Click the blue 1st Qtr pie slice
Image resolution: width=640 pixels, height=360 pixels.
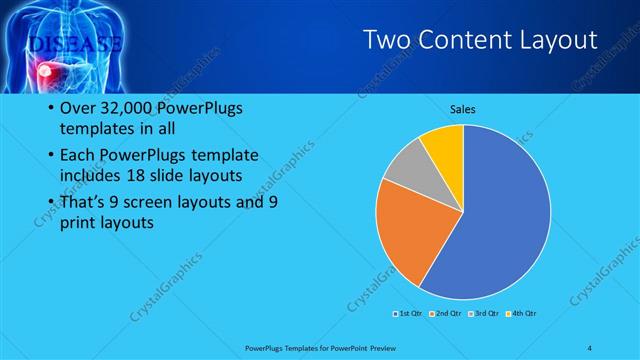tap(500, 220)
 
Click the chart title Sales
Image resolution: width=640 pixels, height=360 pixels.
tap(462, 109)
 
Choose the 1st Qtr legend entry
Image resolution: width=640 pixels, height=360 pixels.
tap(409, 313)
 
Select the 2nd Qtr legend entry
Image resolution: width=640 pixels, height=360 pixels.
tap(445, 313)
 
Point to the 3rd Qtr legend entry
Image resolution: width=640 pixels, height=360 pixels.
tap(483, 313)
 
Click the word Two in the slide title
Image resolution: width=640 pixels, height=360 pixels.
tap(384, 40)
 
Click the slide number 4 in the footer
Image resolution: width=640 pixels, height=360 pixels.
tap(589, 347)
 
